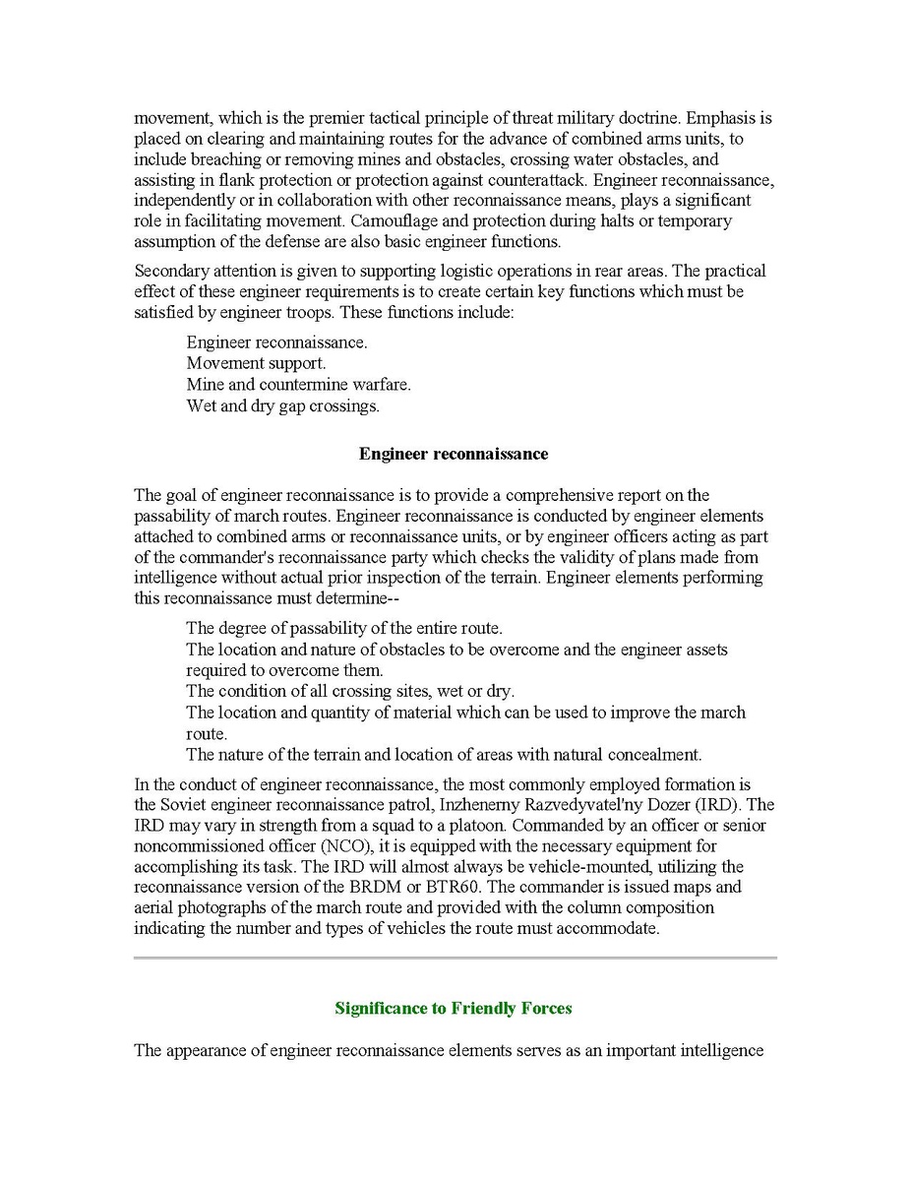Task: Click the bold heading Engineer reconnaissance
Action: pyautogui.click(x=454, y=454)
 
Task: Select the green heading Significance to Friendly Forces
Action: pyautogui.click(x=454, y=1008)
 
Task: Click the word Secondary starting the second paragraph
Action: pyautogui.click(x=169, y=271)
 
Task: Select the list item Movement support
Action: pyautogui.click(x=256, y=363)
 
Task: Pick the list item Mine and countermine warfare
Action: pyautogui.click(x=298, y=384)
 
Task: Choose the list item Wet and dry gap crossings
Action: pyautogui.click(x=282, y=405)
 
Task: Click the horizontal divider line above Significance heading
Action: pyautogui.click(x=455, y=957)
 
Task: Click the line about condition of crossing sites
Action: pyautogui.click(x=349, y=691)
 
